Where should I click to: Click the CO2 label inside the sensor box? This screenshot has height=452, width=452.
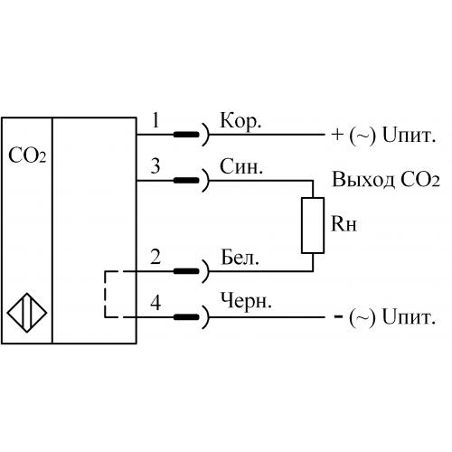point(27,155)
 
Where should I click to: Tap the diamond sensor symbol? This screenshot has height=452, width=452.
point(27,313)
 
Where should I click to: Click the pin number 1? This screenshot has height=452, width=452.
point(155,120)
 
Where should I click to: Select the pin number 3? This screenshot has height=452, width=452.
point(155,166)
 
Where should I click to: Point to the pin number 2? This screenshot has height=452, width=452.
point(155,257)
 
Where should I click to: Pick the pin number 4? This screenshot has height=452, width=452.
point(155,303)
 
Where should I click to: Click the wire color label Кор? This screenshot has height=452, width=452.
point(240,122)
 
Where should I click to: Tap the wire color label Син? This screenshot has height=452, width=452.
point(241,166)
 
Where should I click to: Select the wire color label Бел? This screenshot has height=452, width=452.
point(240,257)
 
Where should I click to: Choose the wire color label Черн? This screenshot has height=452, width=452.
point(246,302)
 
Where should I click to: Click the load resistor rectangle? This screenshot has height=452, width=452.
point(313,225)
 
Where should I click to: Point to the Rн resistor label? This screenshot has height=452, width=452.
point(344,224)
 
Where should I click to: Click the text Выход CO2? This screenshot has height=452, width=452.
point(386,180)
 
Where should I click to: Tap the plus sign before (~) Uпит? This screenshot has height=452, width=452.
point(337,135)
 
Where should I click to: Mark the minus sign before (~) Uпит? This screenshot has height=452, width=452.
point(339,316)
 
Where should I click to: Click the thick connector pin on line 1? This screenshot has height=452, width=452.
point(186,135)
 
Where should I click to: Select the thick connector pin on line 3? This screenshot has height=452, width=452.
point(186,180)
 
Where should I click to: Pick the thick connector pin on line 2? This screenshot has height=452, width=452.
point(186,271)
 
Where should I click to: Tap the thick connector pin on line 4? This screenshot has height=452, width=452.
point(186,317)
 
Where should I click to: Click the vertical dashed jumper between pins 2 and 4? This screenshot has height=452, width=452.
point(105,294)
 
